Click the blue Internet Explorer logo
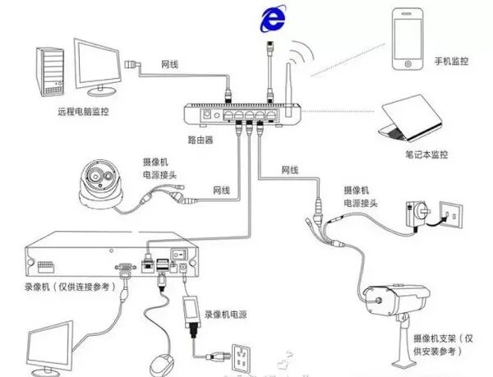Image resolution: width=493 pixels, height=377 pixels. [x=270, y=20]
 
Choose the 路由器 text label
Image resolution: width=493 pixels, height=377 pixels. [x=200, y=140]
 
